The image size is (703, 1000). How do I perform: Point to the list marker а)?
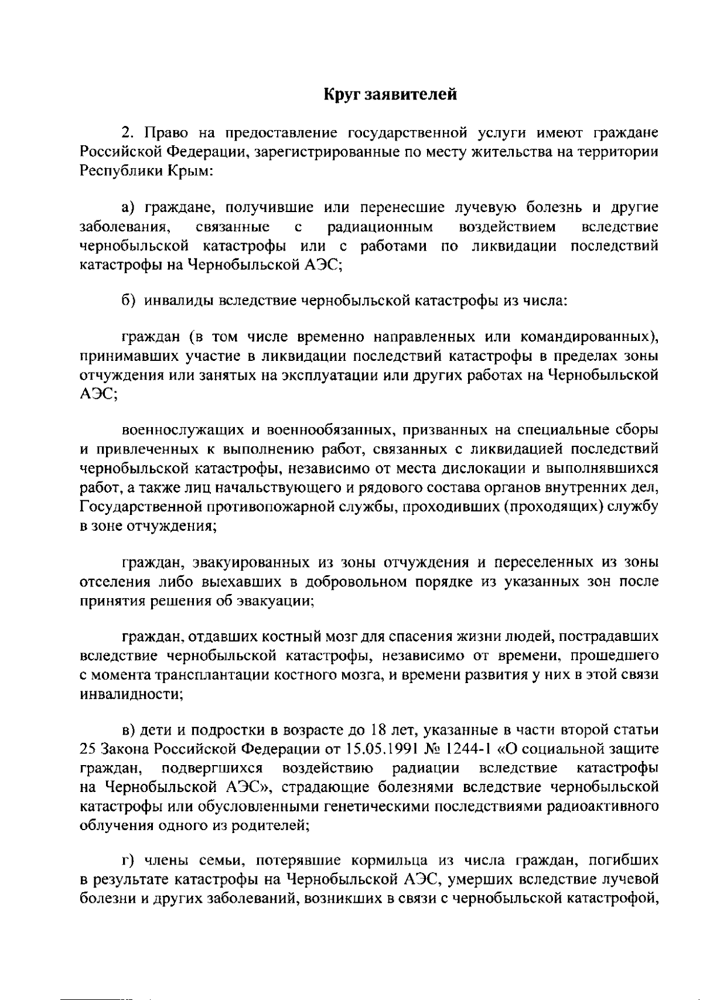point(128,207)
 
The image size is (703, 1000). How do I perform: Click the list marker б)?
point(128,301)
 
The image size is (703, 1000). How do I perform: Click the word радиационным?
point(380,227)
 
